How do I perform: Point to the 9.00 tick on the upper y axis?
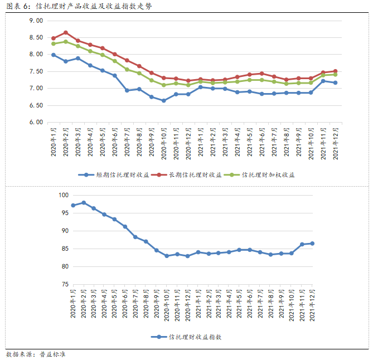[36, 21]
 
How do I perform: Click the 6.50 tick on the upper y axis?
[36, 105]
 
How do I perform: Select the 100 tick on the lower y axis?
[62, 195]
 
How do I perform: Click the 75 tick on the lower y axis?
[64, 284]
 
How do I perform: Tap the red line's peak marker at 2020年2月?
[66, 32]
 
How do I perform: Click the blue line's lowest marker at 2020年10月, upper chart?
[164, 100]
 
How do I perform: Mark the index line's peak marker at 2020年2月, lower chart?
[84, 202]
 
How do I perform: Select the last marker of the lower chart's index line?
[312, 244]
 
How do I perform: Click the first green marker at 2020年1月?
[54, 43]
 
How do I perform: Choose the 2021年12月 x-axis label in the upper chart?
[335, 144]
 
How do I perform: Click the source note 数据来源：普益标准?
[36, 354]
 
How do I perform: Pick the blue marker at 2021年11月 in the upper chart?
[323, 81]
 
